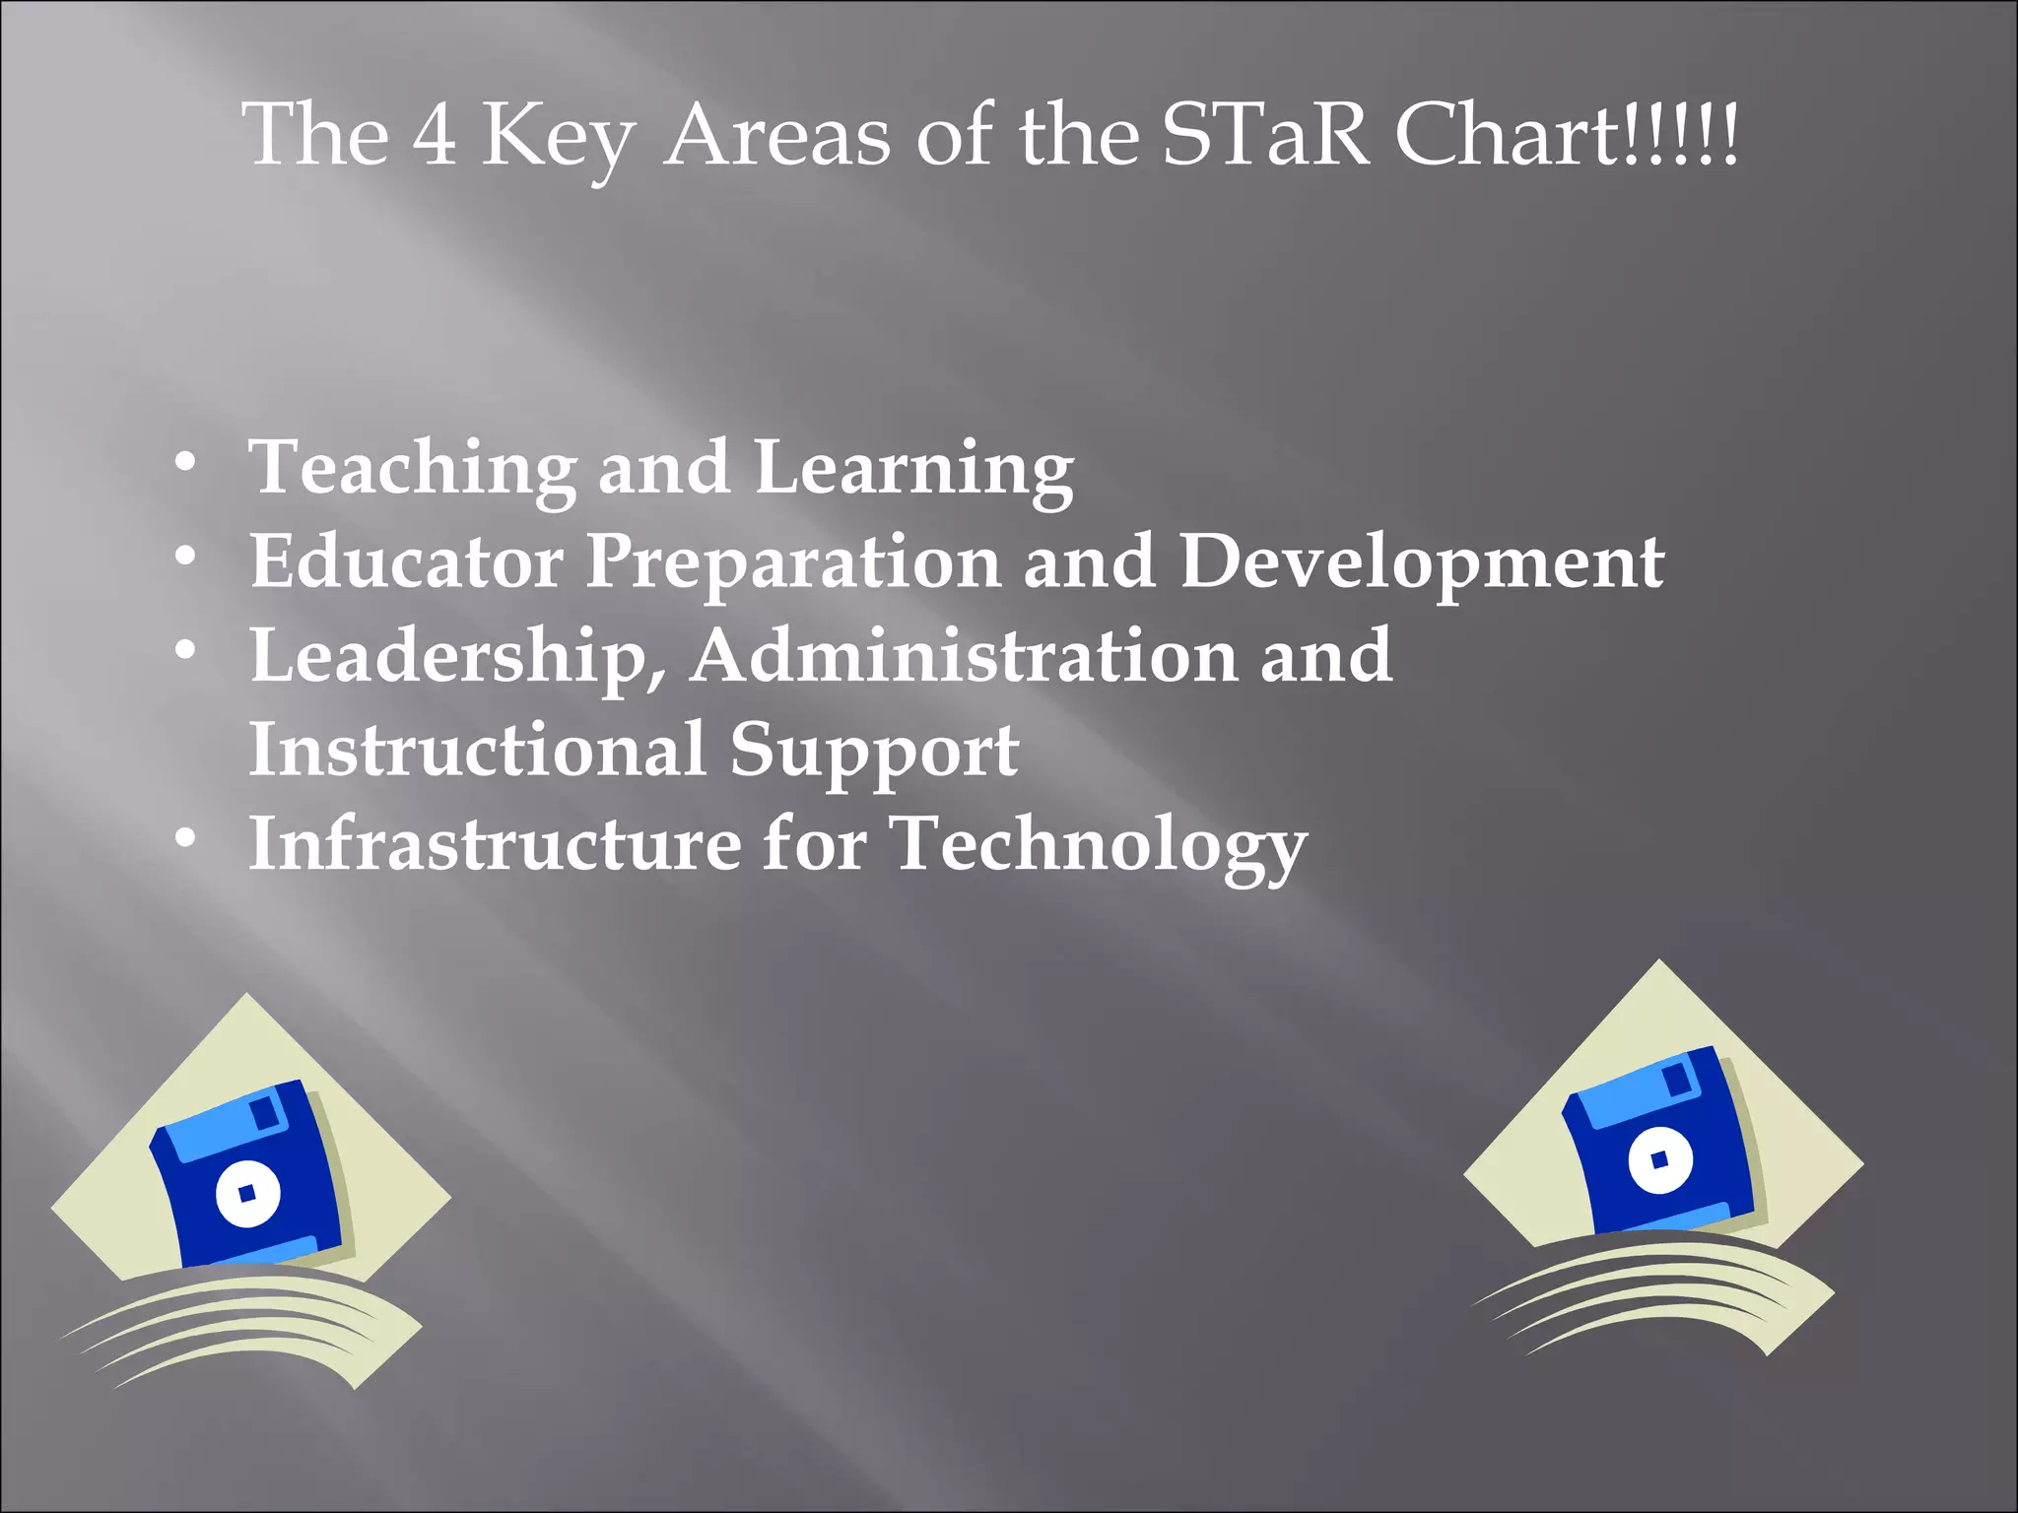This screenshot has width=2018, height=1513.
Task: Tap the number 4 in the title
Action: click(x=434, y=136)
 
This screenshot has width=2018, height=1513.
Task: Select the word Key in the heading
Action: click(x=558, y=138)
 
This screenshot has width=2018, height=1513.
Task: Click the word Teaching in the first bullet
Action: click(x=413, y=468)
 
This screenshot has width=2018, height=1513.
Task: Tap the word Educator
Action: click(x=406, y=561)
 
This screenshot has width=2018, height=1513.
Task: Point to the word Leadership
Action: click(x=458, y=657)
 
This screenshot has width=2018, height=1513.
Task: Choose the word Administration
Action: click(x=963, y=655)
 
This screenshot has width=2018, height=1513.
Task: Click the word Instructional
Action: click(x=477, y=750)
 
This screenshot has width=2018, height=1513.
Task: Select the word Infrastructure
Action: click(x=494, y=843)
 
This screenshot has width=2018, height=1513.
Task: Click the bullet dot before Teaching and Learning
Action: click(x=184, y=463)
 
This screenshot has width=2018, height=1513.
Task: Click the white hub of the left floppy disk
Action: click(x=247, y=1193)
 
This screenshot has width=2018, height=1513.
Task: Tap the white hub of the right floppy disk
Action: click(x=1660, y=1159)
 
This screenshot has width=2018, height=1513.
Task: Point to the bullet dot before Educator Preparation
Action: click(x=184, y=558)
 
